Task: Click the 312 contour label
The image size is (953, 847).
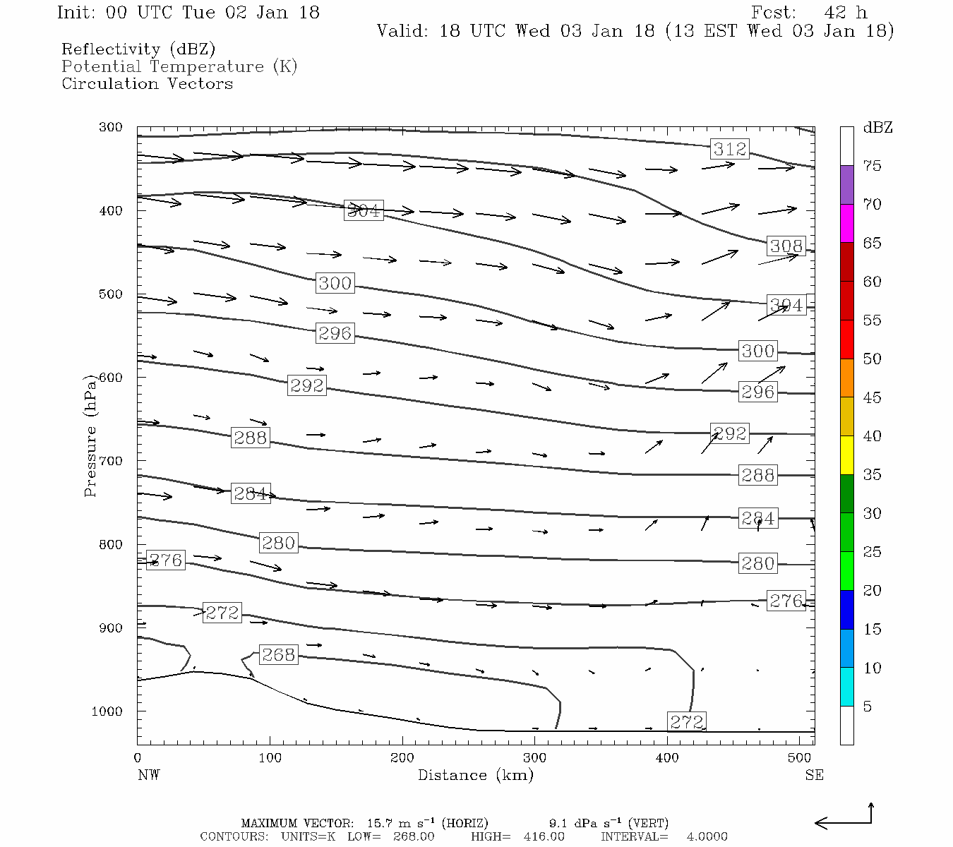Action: (729, 149)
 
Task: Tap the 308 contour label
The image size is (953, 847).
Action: (786, 246)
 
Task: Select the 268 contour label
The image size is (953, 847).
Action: (278, 655)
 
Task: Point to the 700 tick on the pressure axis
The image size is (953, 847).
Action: (111, 461)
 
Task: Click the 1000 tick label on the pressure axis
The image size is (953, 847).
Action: (107, 711)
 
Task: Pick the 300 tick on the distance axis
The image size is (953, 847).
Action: (534, 758)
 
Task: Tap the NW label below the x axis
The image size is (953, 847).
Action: (148, 775)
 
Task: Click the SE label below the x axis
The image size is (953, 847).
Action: (814, 775)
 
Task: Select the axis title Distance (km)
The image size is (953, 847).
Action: (475, 775)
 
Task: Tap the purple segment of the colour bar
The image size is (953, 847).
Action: (846, 185)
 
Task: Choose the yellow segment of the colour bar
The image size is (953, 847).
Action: (846, 455)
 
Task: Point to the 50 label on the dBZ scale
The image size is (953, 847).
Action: (872, 359)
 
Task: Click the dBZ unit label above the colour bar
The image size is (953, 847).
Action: (877, 128)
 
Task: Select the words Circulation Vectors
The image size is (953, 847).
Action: (147, 84)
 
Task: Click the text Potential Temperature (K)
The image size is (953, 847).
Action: (179, 67)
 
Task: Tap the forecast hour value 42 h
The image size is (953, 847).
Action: (845, 13)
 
